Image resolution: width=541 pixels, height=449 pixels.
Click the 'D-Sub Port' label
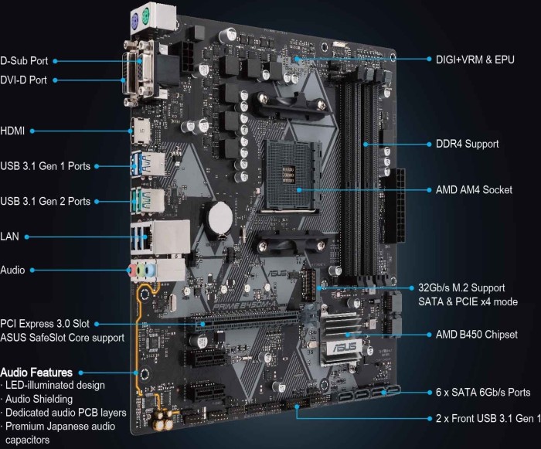[x=24, y=61]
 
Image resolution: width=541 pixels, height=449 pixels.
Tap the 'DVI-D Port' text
[x=23, y=80]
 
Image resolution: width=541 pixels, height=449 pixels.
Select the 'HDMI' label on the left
[x=12, y=131]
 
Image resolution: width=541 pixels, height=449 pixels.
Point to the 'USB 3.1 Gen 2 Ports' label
[x=45, y=201]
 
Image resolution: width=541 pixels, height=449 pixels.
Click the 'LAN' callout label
[x=9, y=236]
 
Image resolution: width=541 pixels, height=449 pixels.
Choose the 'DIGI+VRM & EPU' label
[x=475, y=60]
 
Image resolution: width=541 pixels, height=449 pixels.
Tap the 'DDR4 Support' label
[x=467, y=144]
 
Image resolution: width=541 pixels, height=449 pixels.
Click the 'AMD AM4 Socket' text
[x=474, y=190]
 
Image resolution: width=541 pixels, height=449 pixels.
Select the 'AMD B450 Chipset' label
[x=477, y=335]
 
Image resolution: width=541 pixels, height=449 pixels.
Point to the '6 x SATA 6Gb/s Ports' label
[x=483, y=393]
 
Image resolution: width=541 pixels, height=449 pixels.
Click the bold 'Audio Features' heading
[x=36, y=372]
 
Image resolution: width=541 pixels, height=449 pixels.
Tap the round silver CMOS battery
[x=221, y=217]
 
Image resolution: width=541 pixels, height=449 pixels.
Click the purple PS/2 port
[x=135, y=23]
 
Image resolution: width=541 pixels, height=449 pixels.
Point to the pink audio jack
[x=131, y=271]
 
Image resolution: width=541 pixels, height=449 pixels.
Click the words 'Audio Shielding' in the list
[x=39, y=400]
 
